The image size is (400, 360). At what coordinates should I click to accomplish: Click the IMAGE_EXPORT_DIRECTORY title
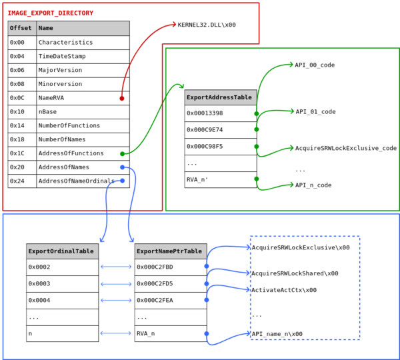tap(51, 13)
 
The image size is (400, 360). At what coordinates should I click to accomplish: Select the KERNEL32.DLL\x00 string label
tap(207, 25)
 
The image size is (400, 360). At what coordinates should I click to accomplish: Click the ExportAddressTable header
tap(220, 97)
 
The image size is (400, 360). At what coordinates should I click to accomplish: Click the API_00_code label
tap(315, 65)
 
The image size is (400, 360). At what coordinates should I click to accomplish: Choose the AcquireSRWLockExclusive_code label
tap(345, 148)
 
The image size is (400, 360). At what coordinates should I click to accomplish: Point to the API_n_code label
tap(313, 185)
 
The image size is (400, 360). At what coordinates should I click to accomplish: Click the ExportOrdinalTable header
tap(62, 251)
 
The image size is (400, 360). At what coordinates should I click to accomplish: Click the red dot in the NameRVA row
tap(121, 98)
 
